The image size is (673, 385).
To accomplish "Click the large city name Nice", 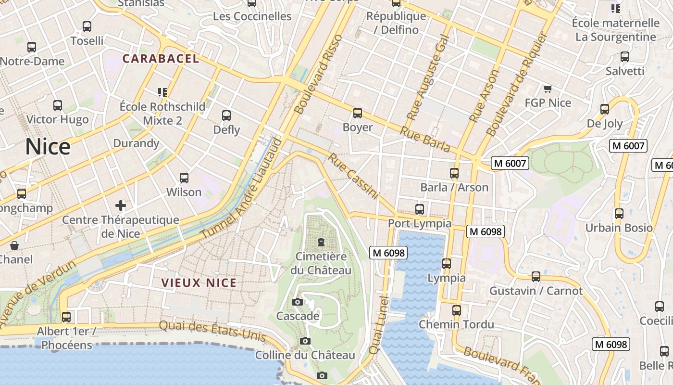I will pyautogui.click(x=48, y=147).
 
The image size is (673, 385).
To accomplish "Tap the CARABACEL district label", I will pyautogui.click(x=161, y=59).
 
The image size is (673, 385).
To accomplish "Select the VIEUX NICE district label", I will pyautogui.click(x=199, y=282).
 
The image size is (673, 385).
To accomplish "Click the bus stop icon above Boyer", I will pyautogui.click(x=358, y=113).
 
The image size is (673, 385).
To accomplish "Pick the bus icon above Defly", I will pyautogui.click(x=226, y=115).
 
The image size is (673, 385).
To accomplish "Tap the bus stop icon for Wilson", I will pyautogui.click(x=184, y=178).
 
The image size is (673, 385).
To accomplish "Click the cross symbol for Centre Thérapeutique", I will pyautogui.click(x=121, y=206).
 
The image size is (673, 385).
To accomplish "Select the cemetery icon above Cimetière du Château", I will pyautogui.click(x=321, y=242).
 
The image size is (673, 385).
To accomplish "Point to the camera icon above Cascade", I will pyautogui.click(x=298, y=302).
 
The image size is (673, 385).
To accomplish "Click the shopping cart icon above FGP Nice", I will pyautogui.click(x=548, y=89).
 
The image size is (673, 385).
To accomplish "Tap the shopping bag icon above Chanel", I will pyautogui.click(x=14, y=245).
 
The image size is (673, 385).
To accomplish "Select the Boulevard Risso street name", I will pyautogui.click(x=318, y=74).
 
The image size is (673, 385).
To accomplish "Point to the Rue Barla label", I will pyautogui.click(x=424, y=140).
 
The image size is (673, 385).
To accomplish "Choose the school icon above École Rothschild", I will pyautogui.click(x=162, y=92).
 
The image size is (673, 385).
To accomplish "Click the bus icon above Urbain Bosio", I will pyautogui.click(x=619, y=213).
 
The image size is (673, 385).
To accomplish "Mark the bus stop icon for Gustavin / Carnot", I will pyautogui.click(x=536, y=277).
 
